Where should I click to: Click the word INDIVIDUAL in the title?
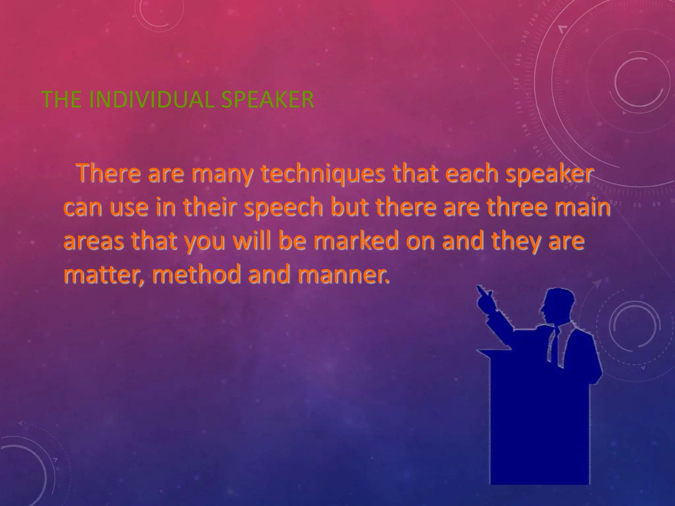152,99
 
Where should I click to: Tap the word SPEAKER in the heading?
267,99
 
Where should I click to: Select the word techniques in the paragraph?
323,174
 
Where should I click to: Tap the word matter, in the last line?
104,275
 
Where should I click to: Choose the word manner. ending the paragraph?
343,275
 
